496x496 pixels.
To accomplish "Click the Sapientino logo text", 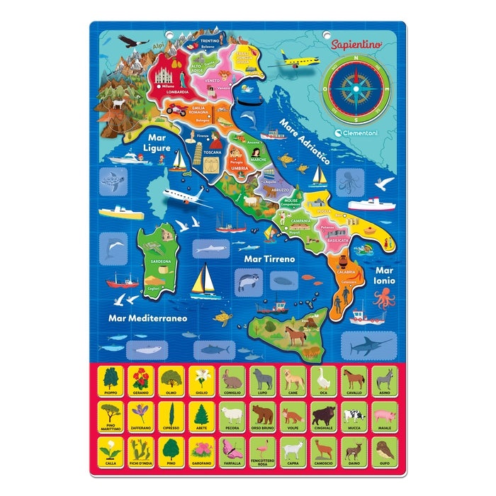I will [x=356, y=44].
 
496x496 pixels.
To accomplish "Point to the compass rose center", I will [x=359, y=89].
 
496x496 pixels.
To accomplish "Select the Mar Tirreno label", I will [x=269, y=259].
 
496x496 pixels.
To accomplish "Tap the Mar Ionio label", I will [x=385, y=275].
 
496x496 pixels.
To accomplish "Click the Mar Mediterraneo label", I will [x=147, y=317].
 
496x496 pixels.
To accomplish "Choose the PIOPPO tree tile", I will [x=110, y=381].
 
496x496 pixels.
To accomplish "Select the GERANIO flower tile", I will [x=140, y=381].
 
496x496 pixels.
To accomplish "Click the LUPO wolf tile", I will [x=263, y=381].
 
